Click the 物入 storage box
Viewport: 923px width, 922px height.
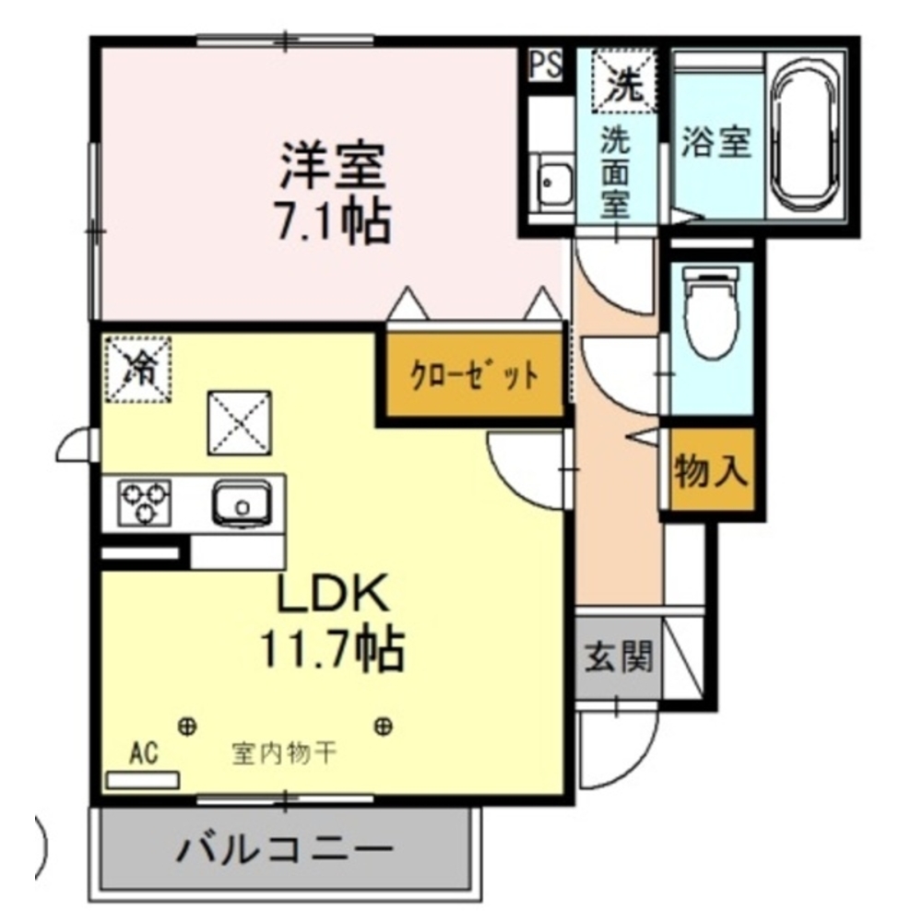[x=710, y=472]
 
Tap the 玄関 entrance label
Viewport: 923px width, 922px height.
[x=618, y=657]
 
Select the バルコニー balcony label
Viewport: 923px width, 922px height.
[x=285, y=846]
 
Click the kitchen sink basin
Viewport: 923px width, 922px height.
[x=241, y=503]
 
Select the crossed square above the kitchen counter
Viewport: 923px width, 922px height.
[x=239, y=421]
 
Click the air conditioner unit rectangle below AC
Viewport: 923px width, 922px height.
[x=142, y=780]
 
